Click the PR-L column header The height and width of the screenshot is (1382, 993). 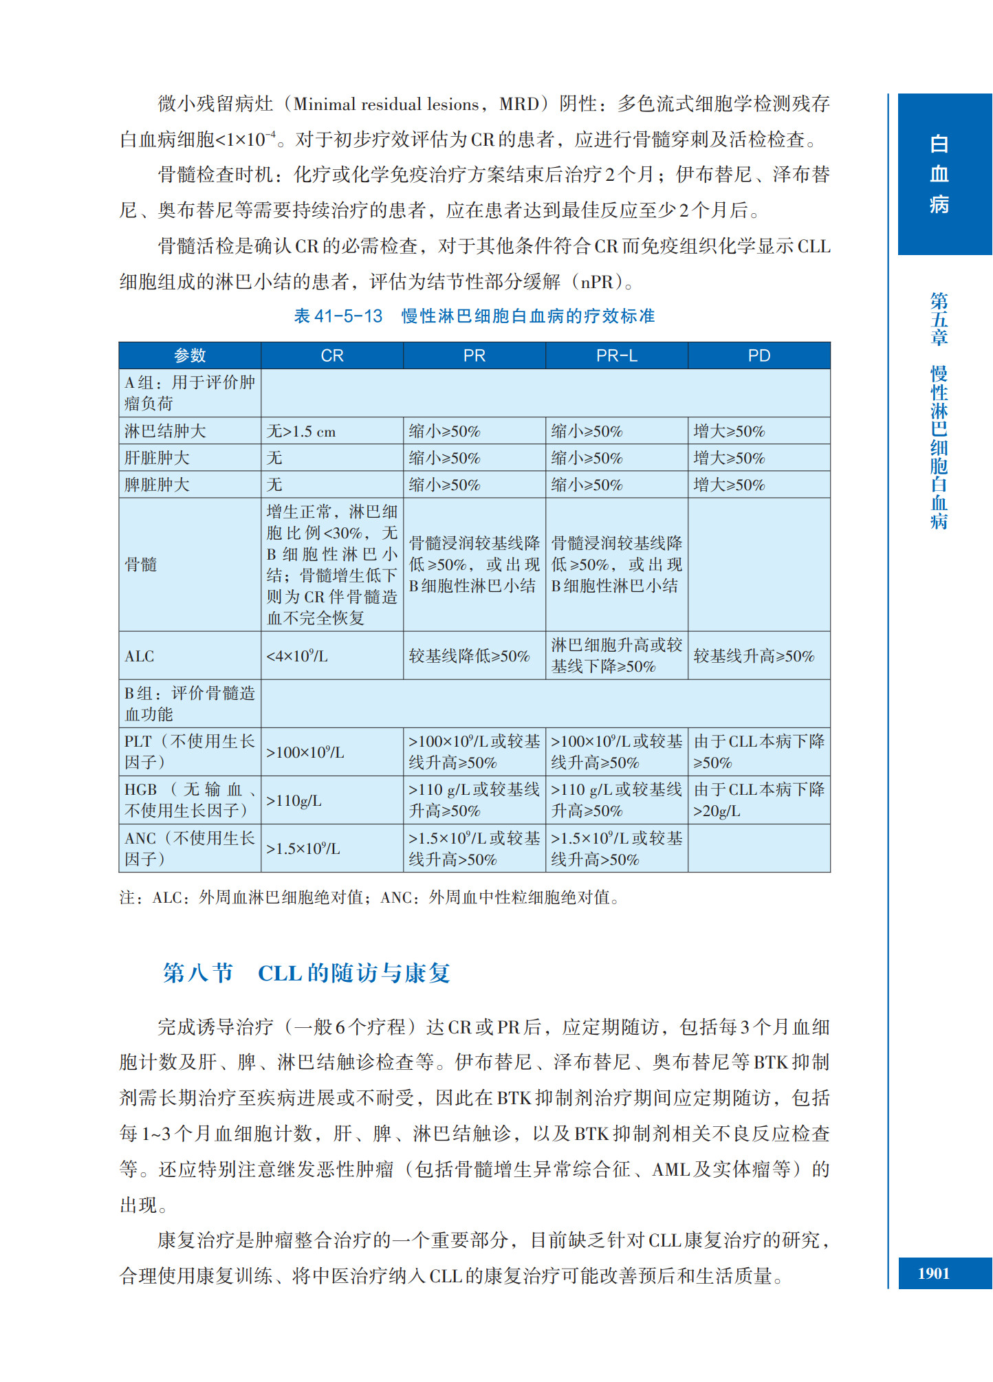616,355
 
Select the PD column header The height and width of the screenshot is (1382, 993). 759,355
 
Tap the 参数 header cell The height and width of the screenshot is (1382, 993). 190,355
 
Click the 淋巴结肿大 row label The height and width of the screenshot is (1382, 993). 165,431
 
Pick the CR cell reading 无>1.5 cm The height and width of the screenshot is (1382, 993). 301,432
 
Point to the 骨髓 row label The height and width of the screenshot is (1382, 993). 141,564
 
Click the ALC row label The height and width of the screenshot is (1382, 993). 140,656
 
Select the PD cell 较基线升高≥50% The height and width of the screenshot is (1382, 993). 754,656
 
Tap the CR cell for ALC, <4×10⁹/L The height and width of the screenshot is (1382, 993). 297,656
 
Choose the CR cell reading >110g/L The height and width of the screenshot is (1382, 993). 294,800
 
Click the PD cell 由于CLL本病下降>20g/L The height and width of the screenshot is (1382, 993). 759,800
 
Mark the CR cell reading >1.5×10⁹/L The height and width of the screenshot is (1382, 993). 303,848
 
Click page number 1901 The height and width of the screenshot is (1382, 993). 933,1273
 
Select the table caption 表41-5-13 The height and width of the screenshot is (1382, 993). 338,316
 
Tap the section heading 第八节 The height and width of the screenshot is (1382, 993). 198,973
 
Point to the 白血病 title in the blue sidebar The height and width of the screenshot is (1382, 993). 939,174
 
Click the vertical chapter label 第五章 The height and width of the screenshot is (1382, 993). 939,318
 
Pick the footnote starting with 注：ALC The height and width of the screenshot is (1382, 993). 369,897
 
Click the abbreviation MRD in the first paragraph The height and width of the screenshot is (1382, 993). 519,104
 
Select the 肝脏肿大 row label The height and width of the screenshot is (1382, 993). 157,458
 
